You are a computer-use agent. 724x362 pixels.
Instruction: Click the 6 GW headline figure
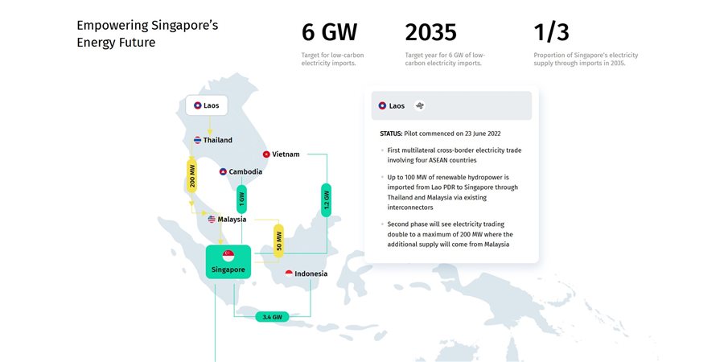pyautogui.click(x=329, y=32)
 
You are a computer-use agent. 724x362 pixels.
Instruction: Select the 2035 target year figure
pyautogui.click(x=431, y=32)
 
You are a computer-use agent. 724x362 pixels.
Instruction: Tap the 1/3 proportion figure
pyautogui.click(x=551, y=32)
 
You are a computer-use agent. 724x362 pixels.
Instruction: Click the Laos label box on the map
pyautogui.click(x=207, y=105)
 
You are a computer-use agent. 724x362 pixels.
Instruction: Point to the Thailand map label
pyautogui.click(x=213, y=140)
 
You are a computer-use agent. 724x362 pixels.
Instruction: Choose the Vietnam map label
pyautogui.click(x=281, y=154)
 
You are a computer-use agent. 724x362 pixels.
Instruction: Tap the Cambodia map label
pyautogui.click(x=241, y=172)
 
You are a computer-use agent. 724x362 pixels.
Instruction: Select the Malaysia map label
pyautogui.click(x=227, y=220)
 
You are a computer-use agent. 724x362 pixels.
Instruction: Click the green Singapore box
pyautogui.click(x=228, y=261)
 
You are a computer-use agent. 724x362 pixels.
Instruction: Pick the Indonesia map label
pyautogui.click(x=306, y=274)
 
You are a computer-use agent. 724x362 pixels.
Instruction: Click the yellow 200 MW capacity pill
pyautogui.click(x=191, y=176)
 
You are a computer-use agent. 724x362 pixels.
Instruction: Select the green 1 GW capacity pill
pyautogui.click(x=241, y=199)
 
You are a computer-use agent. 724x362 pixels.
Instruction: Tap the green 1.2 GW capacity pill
pyautogui.click(x=327, y=200)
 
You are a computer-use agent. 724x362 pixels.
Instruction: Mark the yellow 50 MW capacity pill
pyautogui.click(x=278, y=241)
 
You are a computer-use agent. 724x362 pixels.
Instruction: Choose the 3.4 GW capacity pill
pyautogui.click(x=272, y=317)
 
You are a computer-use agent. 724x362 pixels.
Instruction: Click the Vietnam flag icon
pyautogui.click(x=266, y=154)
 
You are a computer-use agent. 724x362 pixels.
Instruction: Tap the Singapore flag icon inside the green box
pyautogui.click(x=228, y=255)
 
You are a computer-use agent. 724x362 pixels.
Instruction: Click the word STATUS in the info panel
pyautogui.click(x=391, y=134)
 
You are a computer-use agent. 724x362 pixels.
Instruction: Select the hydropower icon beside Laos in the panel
pyautogui.click(x=419, y=105)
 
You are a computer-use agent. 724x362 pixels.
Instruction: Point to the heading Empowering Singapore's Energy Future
pyautogui.click(x=147, y=34)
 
